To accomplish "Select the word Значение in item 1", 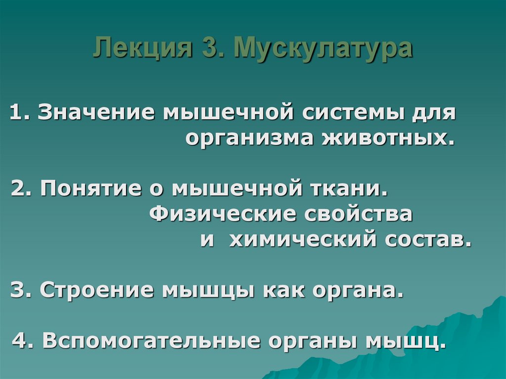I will click(94, 112).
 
